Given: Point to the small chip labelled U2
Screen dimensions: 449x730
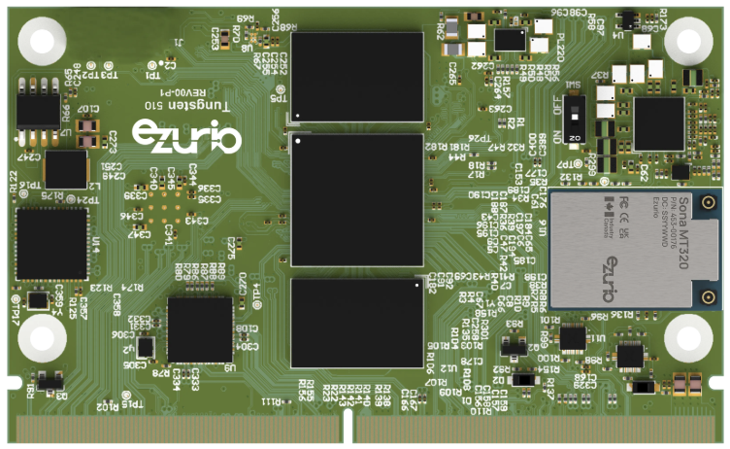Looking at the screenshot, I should click(x=146, y=347).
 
